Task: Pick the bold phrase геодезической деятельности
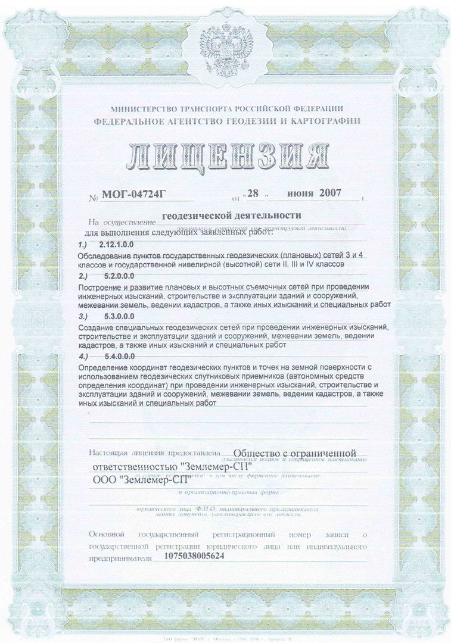coord(232,215)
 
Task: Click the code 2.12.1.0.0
coord(117,245)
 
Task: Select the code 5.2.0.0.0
coord(114,277)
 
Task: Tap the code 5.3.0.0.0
coord(114,317)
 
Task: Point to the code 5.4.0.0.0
coord(114,356)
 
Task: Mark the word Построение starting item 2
coord(99,287)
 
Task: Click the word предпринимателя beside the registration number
coord(118,558)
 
